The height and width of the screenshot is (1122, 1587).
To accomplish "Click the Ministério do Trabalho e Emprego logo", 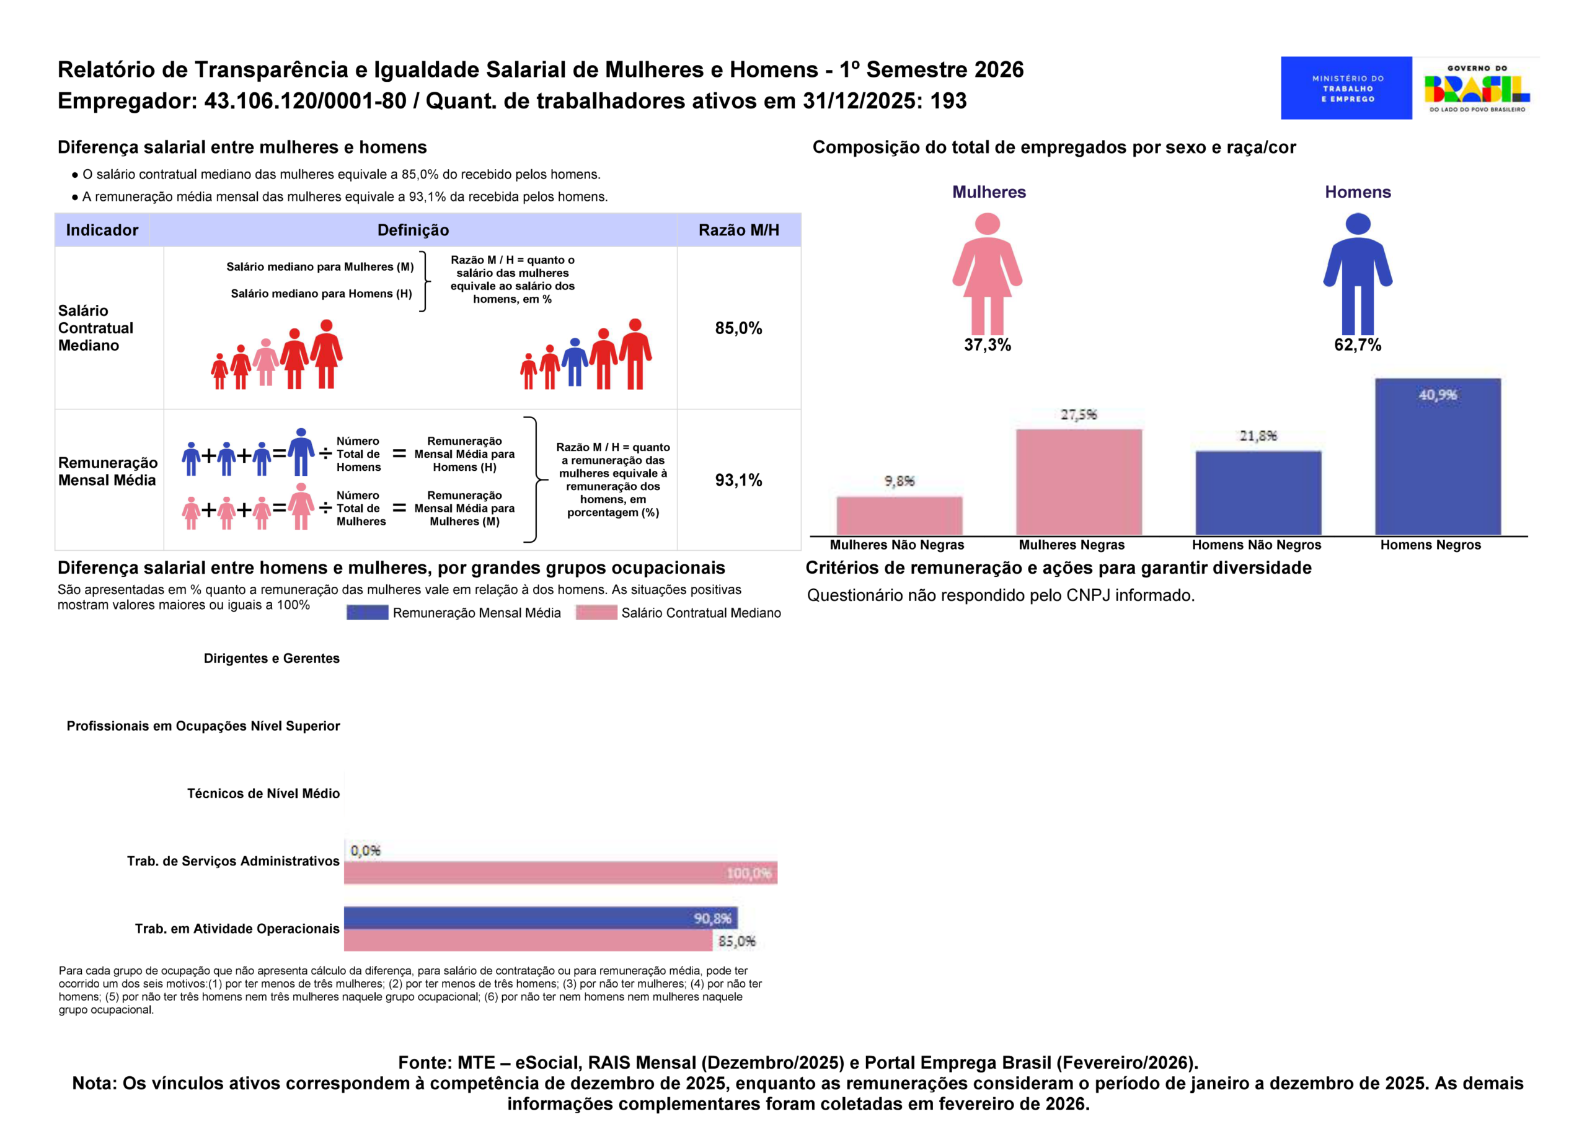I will click(x=1346, y=88).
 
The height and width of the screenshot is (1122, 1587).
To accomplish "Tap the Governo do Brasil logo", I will click(x=1477, y=88).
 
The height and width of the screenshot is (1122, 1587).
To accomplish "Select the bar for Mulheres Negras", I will click(x=1078, y=481).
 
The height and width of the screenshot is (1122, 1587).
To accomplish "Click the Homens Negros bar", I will click(x=1437, y=457).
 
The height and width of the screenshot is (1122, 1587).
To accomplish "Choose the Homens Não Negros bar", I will click(x=1258, y=493).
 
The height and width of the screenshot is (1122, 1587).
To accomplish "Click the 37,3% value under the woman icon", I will click(x=987, y=344).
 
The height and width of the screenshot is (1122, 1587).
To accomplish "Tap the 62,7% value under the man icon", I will click(x=1357, y=344).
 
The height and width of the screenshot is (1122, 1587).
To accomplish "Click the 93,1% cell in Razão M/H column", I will click(x=738, y=480).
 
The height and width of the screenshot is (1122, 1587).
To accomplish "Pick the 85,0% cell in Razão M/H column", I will click(x=738, y=328).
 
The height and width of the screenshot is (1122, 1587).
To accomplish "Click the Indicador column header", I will click(x=102, y=230).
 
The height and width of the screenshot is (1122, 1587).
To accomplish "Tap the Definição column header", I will click(x=413, y=230).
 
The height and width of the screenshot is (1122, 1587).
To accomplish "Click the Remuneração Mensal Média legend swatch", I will click(x=367, y=613).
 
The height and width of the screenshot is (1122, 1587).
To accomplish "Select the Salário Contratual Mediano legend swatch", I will click(x=596, y=613).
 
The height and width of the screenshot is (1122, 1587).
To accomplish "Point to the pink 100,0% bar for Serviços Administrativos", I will click(x=560, y=872).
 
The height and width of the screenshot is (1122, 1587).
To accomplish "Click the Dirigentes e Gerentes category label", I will click(x=272, y=659).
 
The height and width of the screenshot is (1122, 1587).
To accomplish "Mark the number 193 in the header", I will click(x=948, y=101).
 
